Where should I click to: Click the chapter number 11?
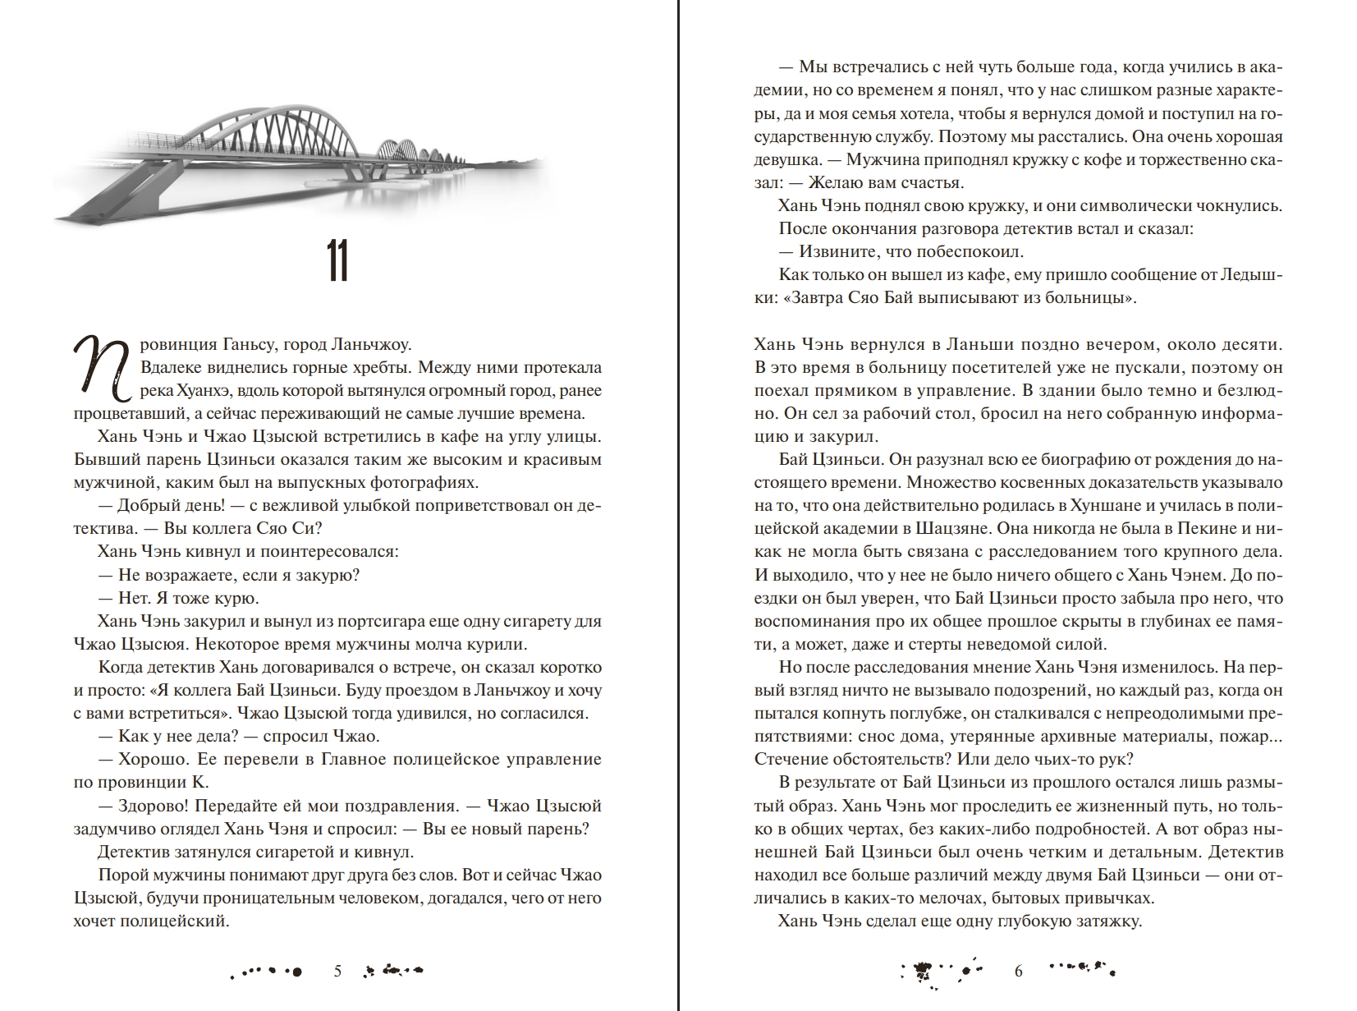pos(337,263)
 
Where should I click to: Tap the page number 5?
pos(337,972)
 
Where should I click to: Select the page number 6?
pos(1019,972)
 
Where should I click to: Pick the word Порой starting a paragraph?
pos(121,875)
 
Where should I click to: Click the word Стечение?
pos(791,759)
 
